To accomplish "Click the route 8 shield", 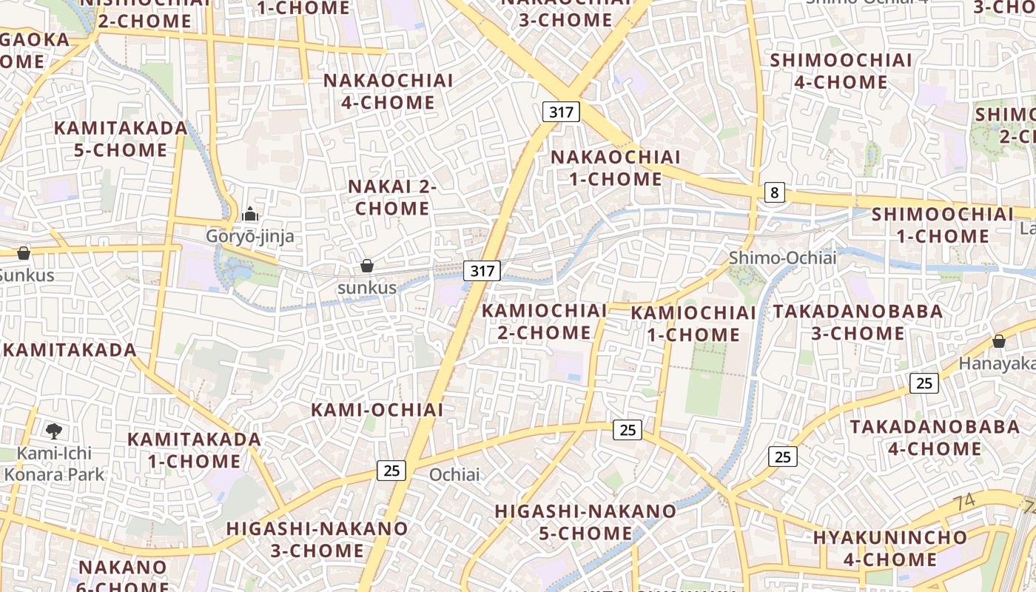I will [774, 193].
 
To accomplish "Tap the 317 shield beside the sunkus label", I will [482, 270].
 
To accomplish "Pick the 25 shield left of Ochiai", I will [391, 469].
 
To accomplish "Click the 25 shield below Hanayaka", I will [924, 383].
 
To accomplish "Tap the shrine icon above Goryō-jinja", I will [250, 215].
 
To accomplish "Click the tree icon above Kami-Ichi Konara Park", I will [53, 431].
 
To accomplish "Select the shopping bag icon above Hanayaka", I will [998, 341].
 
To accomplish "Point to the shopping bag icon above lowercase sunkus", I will [366, 266].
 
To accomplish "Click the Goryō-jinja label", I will [250, 237].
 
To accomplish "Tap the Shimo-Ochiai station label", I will [782, 258].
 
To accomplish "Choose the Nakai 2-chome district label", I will [392, 198].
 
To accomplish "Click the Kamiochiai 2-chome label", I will [544, 322].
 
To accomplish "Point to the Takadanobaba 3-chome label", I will [858, 322].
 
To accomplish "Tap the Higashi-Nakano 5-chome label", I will [585, 522].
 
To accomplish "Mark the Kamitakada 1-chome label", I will [194, 450].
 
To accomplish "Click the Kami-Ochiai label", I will [377, 410].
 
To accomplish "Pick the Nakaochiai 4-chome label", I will [388, 91].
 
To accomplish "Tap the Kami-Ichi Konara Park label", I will [55, 463].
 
